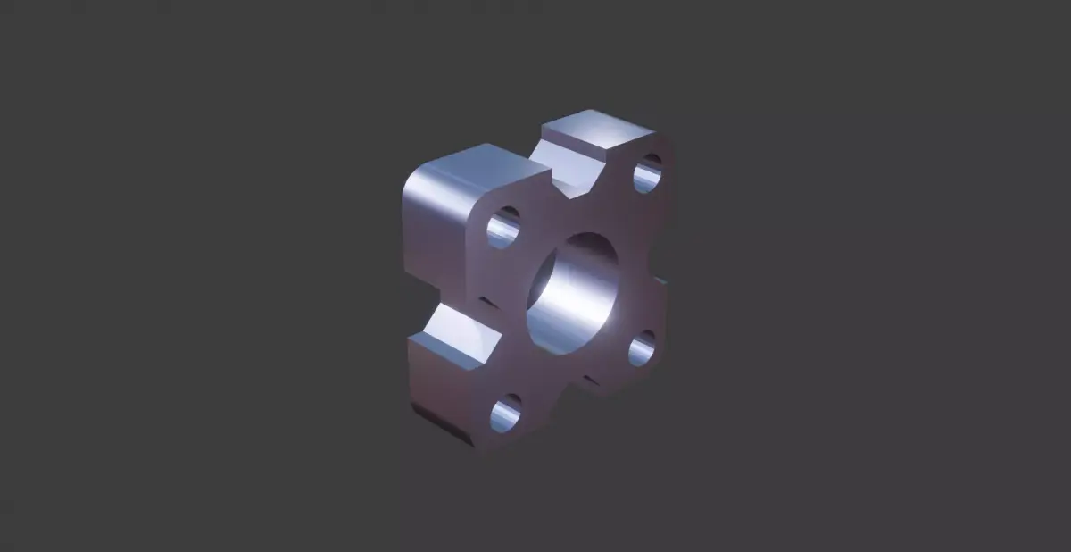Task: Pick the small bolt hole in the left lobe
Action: pyautogui.click(x=503, y=228)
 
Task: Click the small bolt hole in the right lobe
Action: pyautogui.click(x=642, y=349)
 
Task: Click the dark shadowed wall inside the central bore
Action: pyautogui.click(x=549, y=277)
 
